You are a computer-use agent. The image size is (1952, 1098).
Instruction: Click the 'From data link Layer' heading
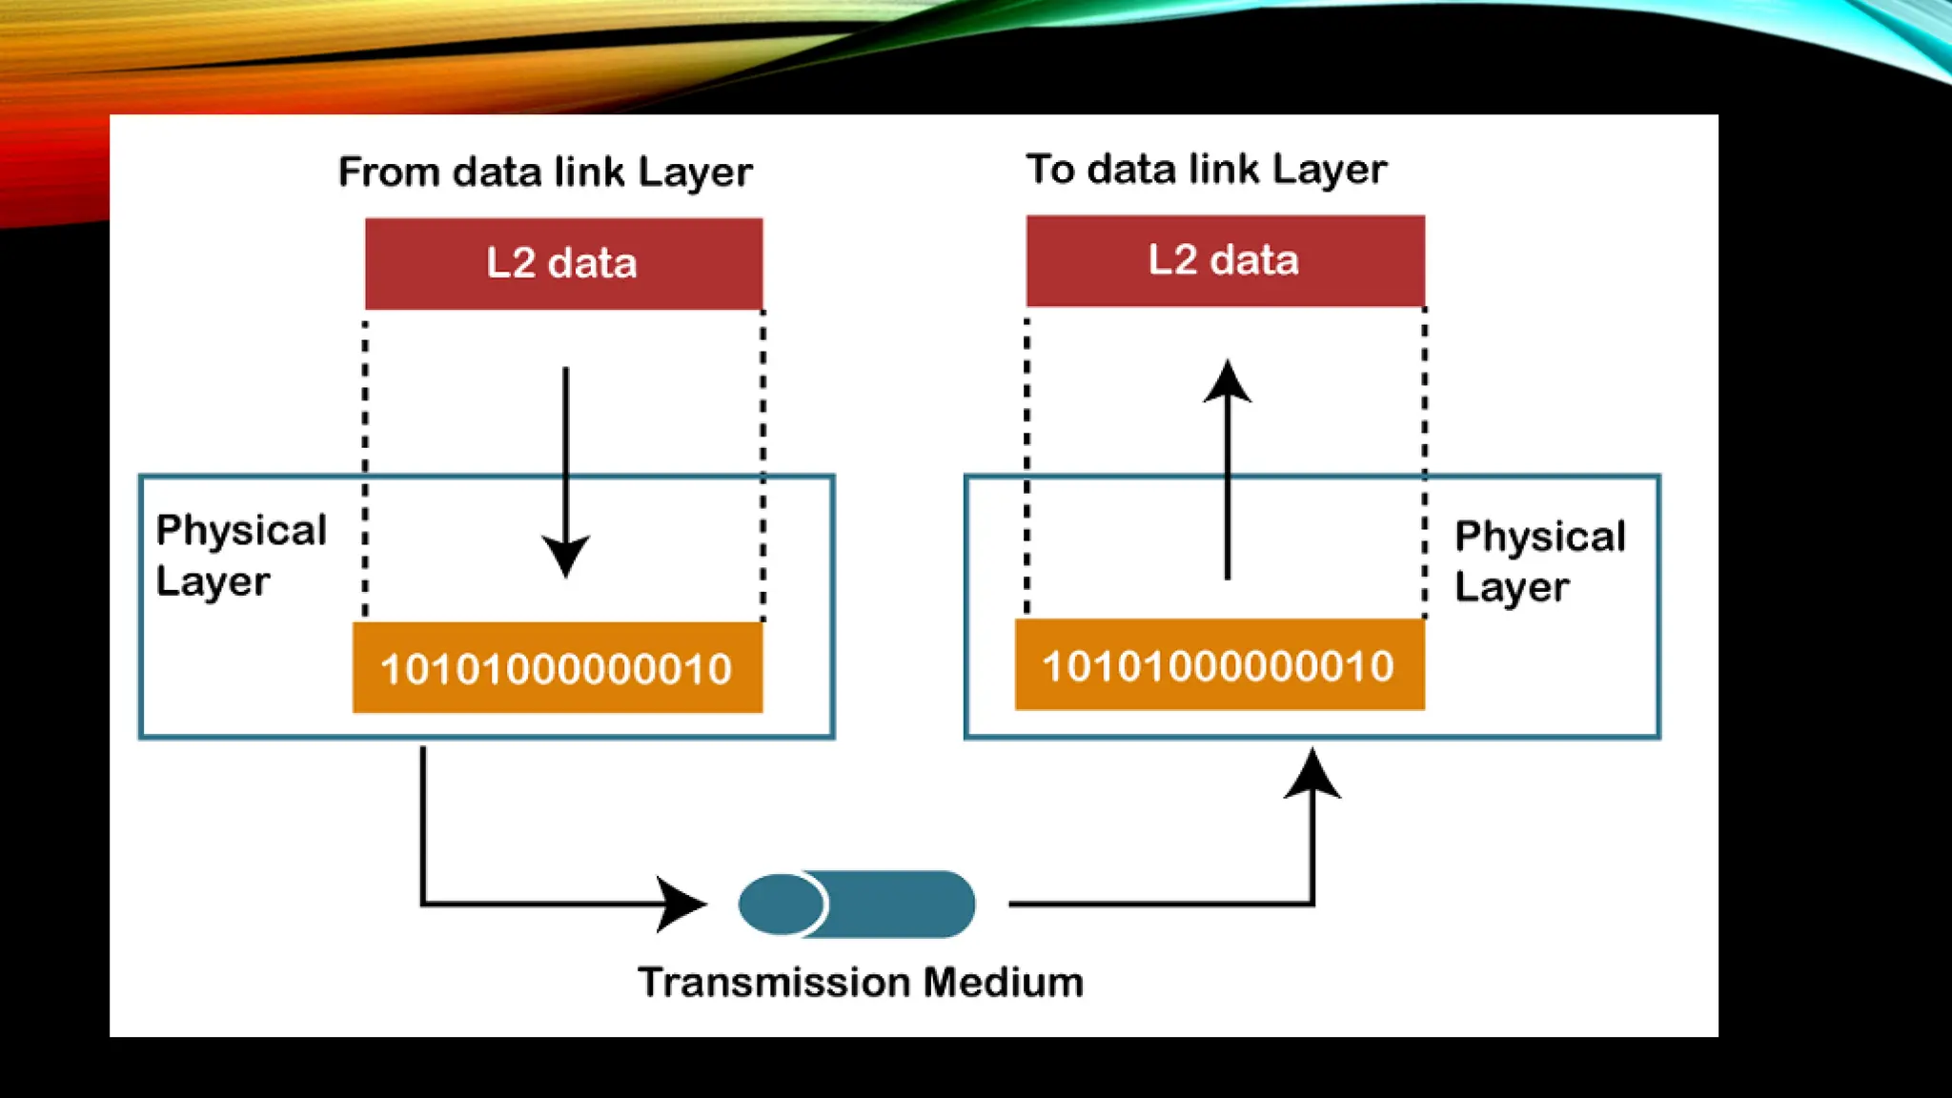pyautogui.click(x=545, y=173)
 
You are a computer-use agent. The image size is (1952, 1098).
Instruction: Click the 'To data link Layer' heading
pyautogui.click(x=1206, y=170)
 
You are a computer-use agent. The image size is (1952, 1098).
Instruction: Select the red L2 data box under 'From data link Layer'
pyautogui.click(x=563, y=263)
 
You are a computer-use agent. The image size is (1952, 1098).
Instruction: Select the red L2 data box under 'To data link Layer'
pyautogui.click(x=1225, y=260)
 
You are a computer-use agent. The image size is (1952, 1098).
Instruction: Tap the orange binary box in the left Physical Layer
pyautogui.click(x=557, y=668)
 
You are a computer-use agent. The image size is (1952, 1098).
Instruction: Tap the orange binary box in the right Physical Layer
pyautogui.click(x=1219, y=665)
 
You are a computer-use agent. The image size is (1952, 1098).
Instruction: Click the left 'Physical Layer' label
pyautogui.click(x=240, y=555)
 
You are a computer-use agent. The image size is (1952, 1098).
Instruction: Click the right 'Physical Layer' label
pyautogui.click(x=1539, y=561)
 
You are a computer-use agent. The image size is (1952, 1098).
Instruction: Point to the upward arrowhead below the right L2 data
pyautogui.click(x=1227, y=382)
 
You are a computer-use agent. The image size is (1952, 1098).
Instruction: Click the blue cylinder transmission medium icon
pyautogui.click(x=856, y=904)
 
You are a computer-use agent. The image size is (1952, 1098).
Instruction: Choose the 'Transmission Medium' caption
pyautogui.click(x=861, y=983)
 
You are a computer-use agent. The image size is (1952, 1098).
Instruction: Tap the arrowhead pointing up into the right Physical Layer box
pyautogui.click(x=1312, y=773)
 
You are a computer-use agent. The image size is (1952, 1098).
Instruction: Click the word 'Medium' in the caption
pyautogui.click(x=1004, y=983)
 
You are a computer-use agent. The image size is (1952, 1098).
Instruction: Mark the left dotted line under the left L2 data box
pyautogui.click(x=365, y=467)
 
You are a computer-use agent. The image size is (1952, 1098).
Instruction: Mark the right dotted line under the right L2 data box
pyautogui.click(x=1424, y=462)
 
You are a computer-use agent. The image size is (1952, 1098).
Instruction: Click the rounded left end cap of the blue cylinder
pyautogui.click(x=780, y=904)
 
